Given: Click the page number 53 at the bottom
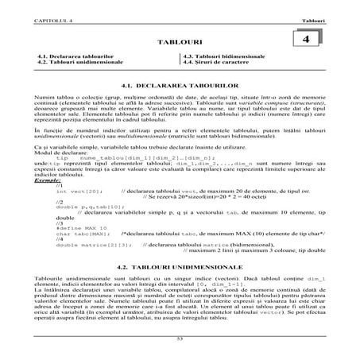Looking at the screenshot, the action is tap(180, 339).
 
